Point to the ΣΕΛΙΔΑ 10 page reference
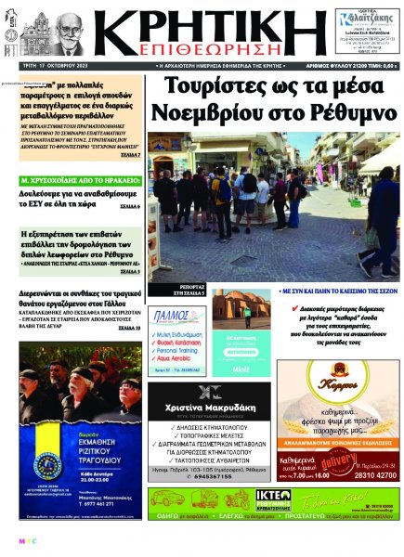pyautogui.click(x=130, y=328)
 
